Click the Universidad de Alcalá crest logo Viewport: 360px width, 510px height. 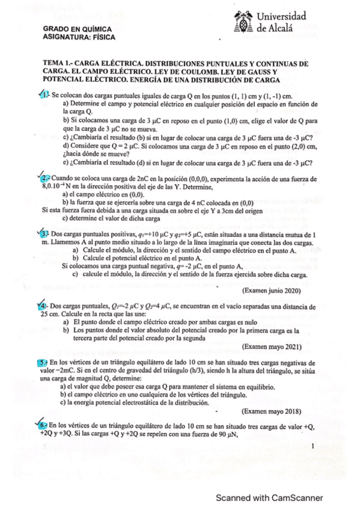[x=242, y=21]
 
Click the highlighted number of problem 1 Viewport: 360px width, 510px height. [x=44, y=95]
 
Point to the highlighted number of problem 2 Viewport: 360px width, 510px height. [x=46, y=179]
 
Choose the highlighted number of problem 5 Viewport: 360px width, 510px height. [x=43, y=363]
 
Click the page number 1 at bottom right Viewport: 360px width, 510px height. [x=314, y=446]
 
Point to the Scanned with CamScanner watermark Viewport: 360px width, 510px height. [x=269, y=497]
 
